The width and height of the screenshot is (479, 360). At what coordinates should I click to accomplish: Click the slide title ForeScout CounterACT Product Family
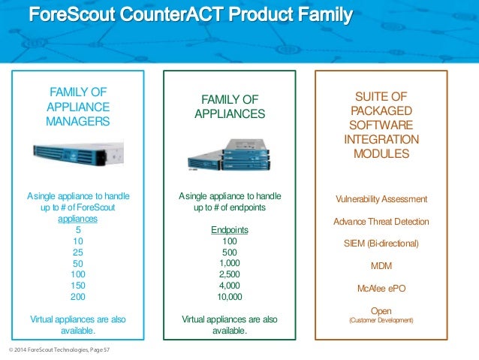[x=191, y=15]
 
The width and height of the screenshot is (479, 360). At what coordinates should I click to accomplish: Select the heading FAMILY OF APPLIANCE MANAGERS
[x=78, y=106]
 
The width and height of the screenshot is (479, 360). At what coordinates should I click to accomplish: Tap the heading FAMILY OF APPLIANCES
[x=230, y=107]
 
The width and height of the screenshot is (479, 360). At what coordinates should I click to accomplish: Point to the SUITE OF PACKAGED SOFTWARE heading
[x=381, y=125]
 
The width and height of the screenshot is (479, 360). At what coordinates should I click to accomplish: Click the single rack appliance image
[x=78, y=156]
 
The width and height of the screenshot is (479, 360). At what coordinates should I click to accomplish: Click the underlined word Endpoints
[x=230, y=229]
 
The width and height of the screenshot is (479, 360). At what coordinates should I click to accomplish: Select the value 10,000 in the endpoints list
[x=230, y=297]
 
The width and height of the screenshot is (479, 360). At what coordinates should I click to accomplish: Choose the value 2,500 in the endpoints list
[x=230, y=274]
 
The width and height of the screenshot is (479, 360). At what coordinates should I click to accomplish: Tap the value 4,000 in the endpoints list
[x=230, y=286]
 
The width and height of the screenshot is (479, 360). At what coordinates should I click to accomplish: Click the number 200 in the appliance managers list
[x=78, y=297]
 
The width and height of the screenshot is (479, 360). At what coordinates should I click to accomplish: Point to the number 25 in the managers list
[x=78, y=252]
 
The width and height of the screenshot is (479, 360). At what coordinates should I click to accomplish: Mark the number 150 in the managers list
[x=78, y=286]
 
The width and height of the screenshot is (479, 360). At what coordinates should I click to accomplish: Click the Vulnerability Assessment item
[x=381, y=199]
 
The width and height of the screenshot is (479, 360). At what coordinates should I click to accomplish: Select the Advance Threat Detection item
[x=381, y=222]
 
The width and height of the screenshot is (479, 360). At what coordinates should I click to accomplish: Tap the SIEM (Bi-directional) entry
[x=381, y=244]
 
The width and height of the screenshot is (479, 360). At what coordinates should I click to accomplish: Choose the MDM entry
[x=381, y=266]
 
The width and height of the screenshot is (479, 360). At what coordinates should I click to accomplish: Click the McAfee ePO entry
[x=381, y=288]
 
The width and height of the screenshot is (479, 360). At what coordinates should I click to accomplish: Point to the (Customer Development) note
[x=381, y=321]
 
